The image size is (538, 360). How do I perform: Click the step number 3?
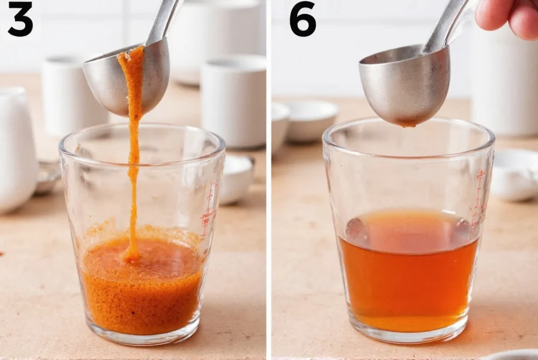click(x=20, y=19)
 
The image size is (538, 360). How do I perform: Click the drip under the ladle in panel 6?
click(x=408, y=124)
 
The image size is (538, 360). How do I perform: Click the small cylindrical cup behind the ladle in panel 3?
click(x=66, y=96)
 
